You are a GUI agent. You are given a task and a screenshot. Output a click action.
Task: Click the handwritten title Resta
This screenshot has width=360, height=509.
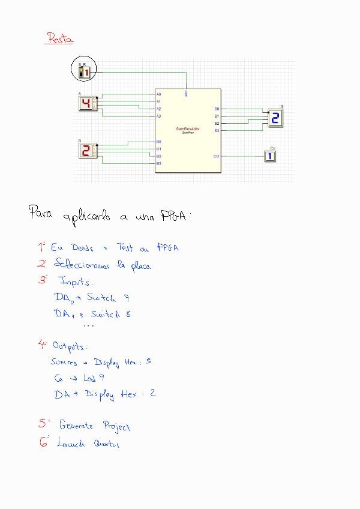tap(60, 39)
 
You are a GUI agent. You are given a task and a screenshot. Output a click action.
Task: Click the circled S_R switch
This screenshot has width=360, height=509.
tap(85, 71)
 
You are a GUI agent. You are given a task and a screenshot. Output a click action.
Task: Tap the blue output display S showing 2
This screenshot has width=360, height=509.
tap(275, 118)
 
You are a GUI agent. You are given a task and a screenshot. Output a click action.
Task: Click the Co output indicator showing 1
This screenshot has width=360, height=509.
tap(271, 156)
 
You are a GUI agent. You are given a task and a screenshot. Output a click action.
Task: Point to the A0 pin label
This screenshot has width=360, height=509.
tap(159, 95)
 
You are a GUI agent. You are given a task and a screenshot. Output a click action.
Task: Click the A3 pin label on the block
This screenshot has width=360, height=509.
tap(159, 116)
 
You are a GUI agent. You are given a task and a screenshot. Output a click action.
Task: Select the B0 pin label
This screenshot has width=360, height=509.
tap(159, 142)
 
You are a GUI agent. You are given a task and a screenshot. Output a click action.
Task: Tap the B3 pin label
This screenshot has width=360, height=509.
tap(159, 163)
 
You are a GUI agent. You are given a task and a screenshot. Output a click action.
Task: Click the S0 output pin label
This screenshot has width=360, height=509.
tap(217, 109)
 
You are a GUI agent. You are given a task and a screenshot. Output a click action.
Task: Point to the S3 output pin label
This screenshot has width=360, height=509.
tap(217, 130)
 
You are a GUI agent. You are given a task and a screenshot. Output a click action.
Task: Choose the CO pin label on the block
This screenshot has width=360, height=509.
tap(217, 156)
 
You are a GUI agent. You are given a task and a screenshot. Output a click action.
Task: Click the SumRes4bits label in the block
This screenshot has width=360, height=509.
tap(188, 128)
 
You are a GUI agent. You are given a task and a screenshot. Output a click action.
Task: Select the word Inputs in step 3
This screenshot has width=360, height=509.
tap(76, 282)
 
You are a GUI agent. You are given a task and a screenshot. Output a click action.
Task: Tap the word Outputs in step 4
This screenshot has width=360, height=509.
tap(70, 346)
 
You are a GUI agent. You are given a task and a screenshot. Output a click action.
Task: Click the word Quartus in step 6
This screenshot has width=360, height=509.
tap(106, 444)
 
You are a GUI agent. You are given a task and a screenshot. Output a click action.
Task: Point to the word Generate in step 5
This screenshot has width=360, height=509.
tap(76, 425)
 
